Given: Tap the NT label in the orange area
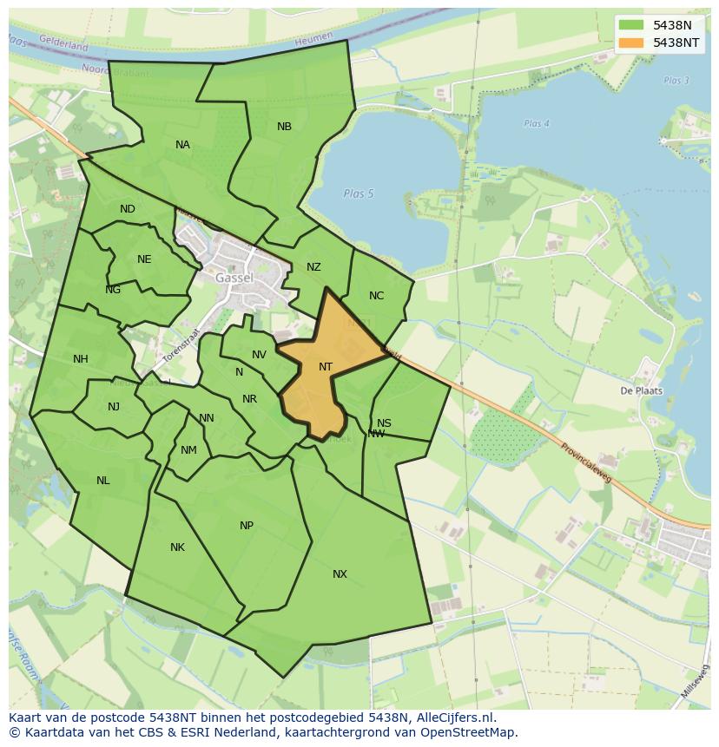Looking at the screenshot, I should tap(326, 367).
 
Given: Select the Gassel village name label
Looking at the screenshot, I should tap(234, 278).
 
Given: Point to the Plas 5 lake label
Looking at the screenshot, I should tap(358, 193).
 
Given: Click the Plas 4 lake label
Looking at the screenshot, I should tap(537, 124).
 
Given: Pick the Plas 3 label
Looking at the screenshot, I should tap(676, 81).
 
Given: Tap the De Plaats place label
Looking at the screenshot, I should tap(642, 390).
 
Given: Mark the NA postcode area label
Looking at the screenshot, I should tap(182, 145).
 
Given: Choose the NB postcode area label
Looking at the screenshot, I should tap(284, 127).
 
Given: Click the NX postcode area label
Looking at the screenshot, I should tap(340, 574).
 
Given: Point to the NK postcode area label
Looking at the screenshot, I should tap(177, 547).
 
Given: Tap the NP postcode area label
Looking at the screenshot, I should tap(247, 526).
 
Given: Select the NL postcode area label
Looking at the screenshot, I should tap(103, 481).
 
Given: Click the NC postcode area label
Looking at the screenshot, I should tap(376, 296).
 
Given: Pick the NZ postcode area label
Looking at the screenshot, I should tap(313, 267).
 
